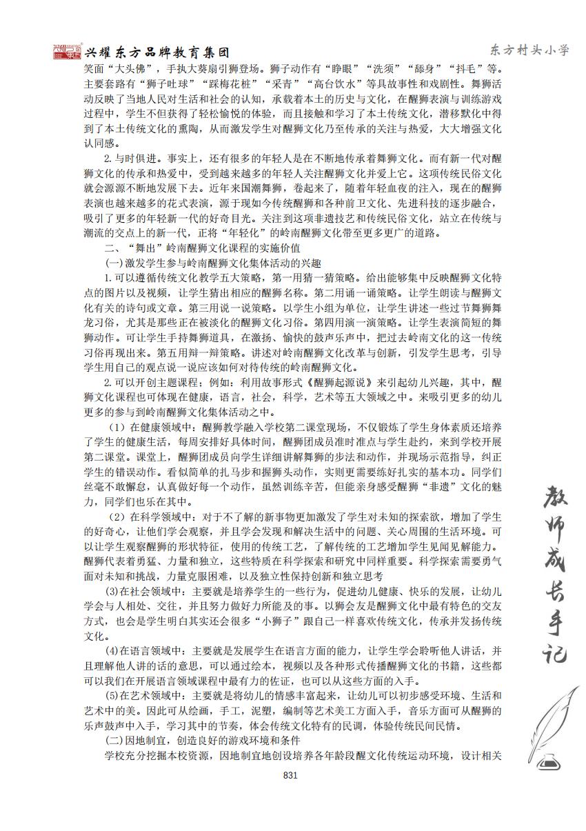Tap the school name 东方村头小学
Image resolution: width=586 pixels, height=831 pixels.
(x=529, y=50)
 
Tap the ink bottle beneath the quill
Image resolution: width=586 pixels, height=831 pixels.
(x=549, y=761)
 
